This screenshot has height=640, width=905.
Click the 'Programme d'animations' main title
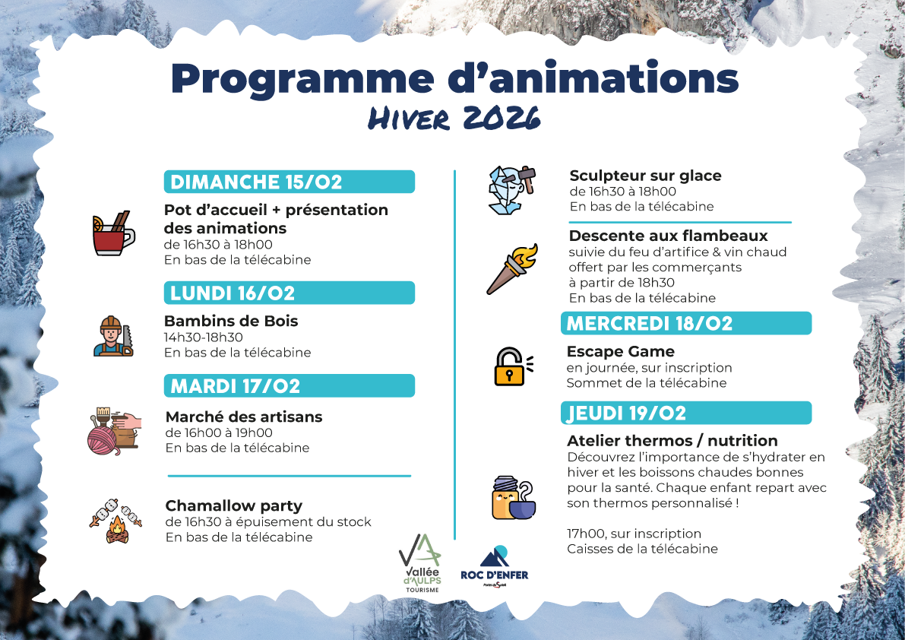[454, 78]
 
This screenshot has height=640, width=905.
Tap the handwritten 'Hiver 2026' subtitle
[454, 119]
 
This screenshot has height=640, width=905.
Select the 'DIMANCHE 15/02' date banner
[290, 182]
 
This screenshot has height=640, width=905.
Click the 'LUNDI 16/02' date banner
[290, 293]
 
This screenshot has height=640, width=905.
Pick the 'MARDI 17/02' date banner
[290, 386]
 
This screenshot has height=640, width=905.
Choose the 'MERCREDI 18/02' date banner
[686, 324]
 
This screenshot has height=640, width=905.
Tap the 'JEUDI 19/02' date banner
[686, 413]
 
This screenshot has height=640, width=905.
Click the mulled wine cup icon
[112, 233]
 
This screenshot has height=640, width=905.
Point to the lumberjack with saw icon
[113, 336]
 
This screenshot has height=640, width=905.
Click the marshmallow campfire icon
[115, 521]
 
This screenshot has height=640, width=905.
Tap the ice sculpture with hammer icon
[511, 190]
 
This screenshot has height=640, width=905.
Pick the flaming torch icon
[511, 268]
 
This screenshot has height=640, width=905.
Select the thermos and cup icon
[512, 499]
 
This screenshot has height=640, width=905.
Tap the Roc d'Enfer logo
[495, 566]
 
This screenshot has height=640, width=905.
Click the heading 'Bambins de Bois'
[231, 322]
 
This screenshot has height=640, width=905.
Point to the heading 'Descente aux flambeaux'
[668, 236]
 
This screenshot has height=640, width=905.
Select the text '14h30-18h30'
[203, 337]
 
